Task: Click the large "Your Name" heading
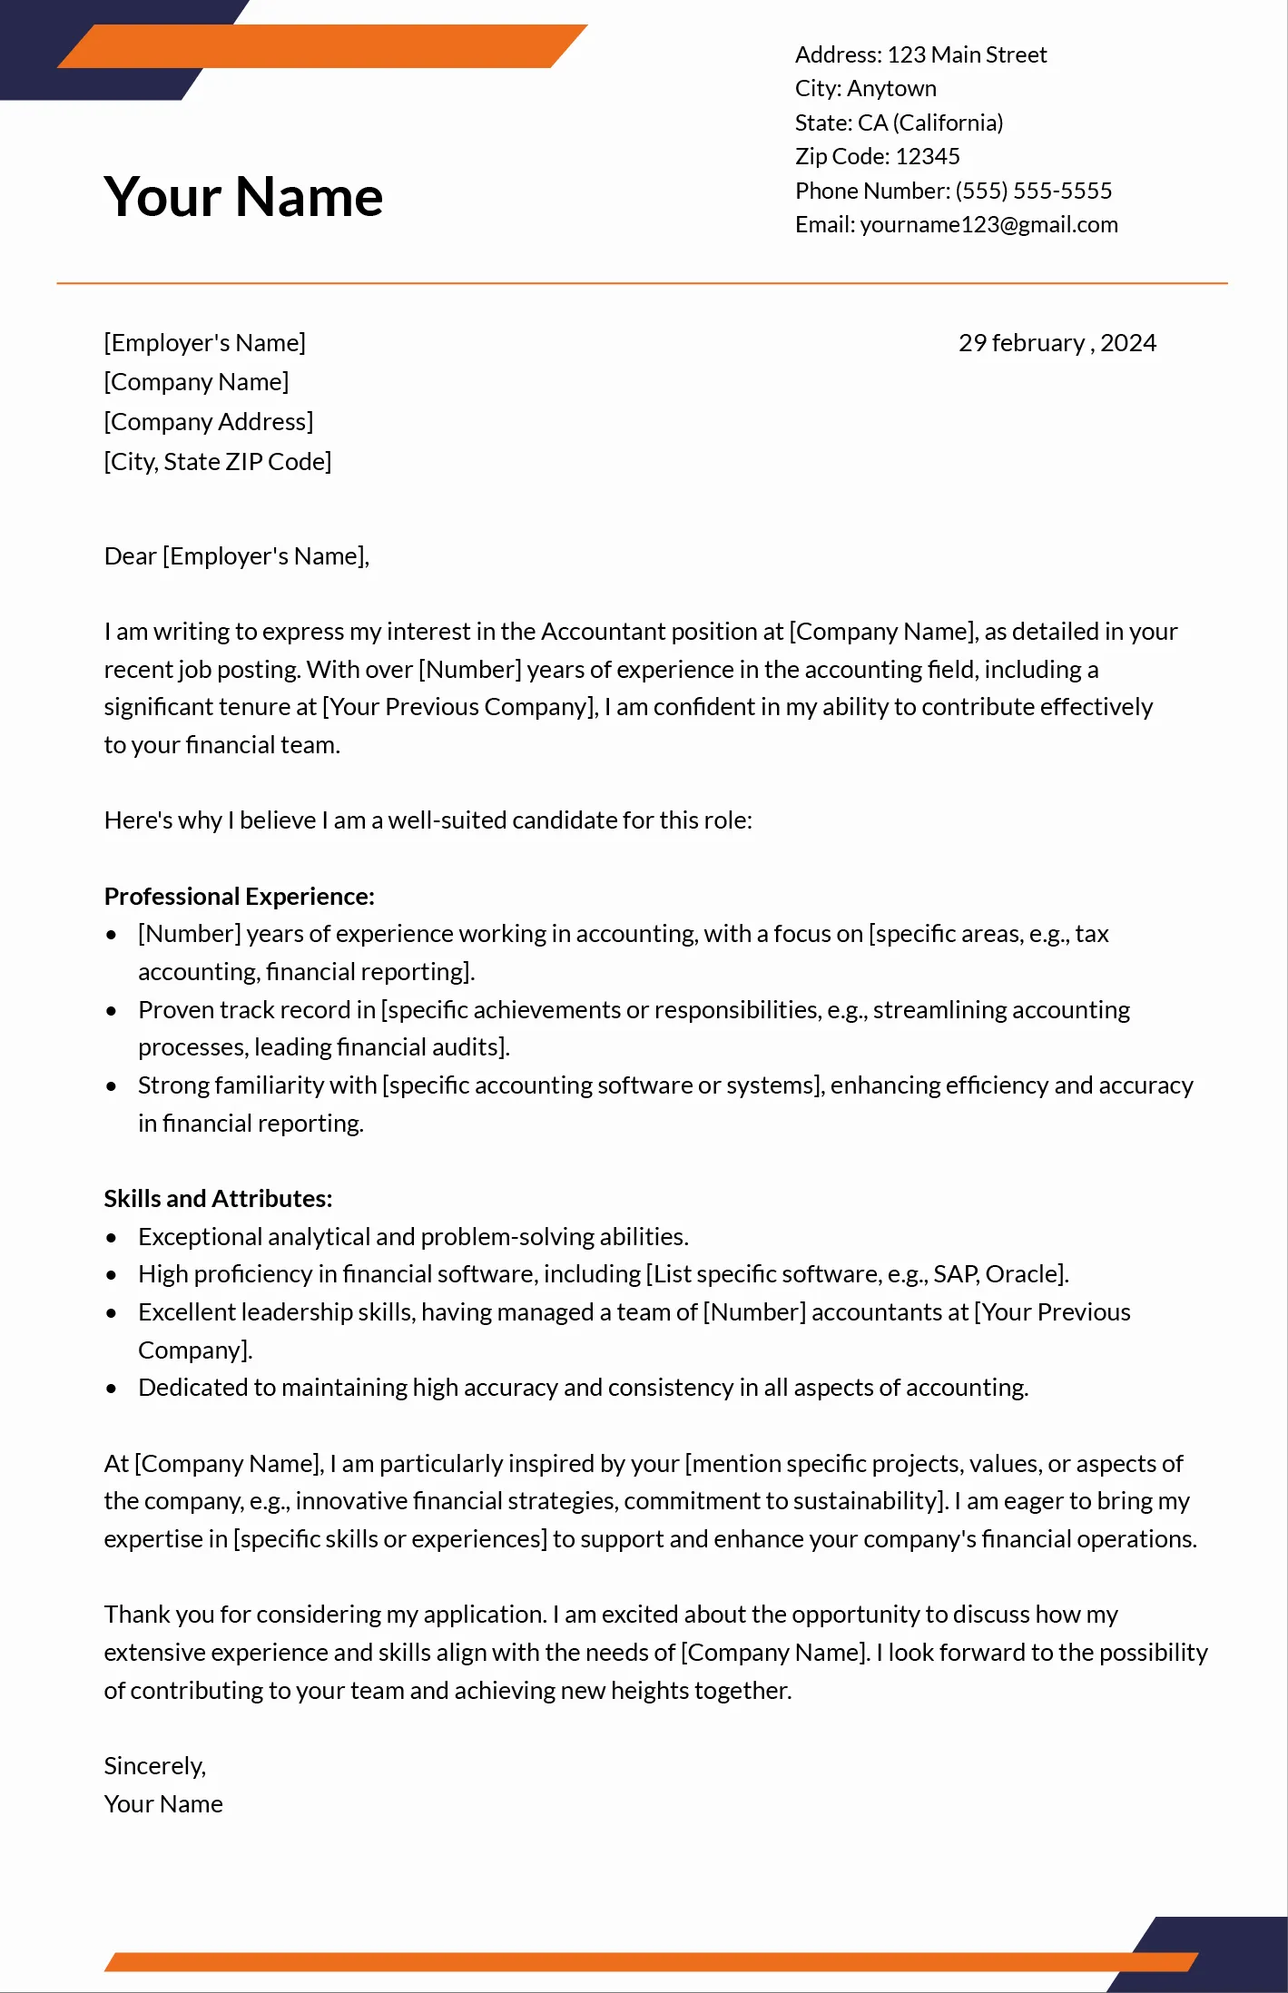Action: click(x=243, y=196)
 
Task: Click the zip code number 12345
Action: click(x=927, y=156)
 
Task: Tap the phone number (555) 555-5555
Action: click(x=1033, y=191)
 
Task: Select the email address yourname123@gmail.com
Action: click(x=988, y=224)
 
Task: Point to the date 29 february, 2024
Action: click(x=1057, y=343)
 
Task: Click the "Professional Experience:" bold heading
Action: click(x=239, y=896)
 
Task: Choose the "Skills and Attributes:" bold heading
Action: click(x=218, y=1198)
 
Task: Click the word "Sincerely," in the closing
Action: click(x=154, y=1765)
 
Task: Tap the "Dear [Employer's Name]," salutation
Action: click(x=236, y=555)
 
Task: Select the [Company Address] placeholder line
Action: click(x=208, y=421)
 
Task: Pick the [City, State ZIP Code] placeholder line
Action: click(x=217, y=461)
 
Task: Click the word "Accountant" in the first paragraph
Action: click(x=603, y=631)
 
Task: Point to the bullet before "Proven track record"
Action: click(x=112, y=1010)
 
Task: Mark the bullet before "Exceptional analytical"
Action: click(x=112, y=1237)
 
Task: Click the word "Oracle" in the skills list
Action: click(x=1023, y=1274)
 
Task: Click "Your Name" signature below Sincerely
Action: click(x=163, y=1803)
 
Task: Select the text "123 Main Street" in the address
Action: click(x=966, y=54)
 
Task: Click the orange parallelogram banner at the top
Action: click(x=322, y=46)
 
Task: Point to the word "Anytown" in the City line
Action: click(x=891, y=88)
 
